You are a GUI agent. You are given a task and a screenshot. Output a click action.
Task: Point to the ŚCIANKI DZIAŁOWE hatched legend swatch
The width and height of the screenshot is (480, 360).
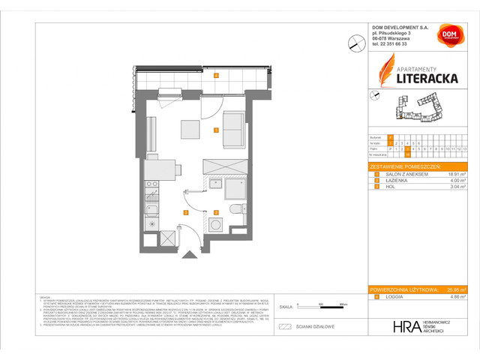click(x=284, y=326)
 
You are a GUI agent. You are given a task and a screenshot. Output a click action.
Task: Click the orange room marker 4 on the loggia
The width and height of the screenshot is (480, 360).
click(x=216, y=76)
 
